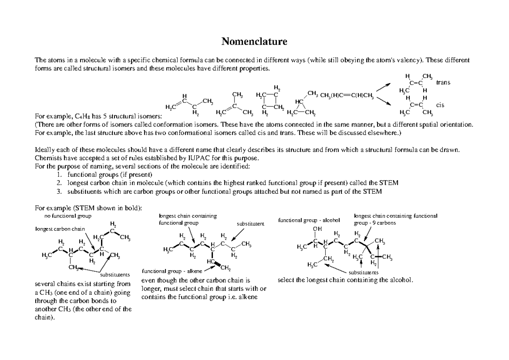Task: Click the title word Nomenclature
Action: point(255,42)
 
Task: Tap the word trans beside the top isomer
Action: point(443,82)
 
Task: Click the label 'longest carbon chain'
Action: point(59,229)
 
